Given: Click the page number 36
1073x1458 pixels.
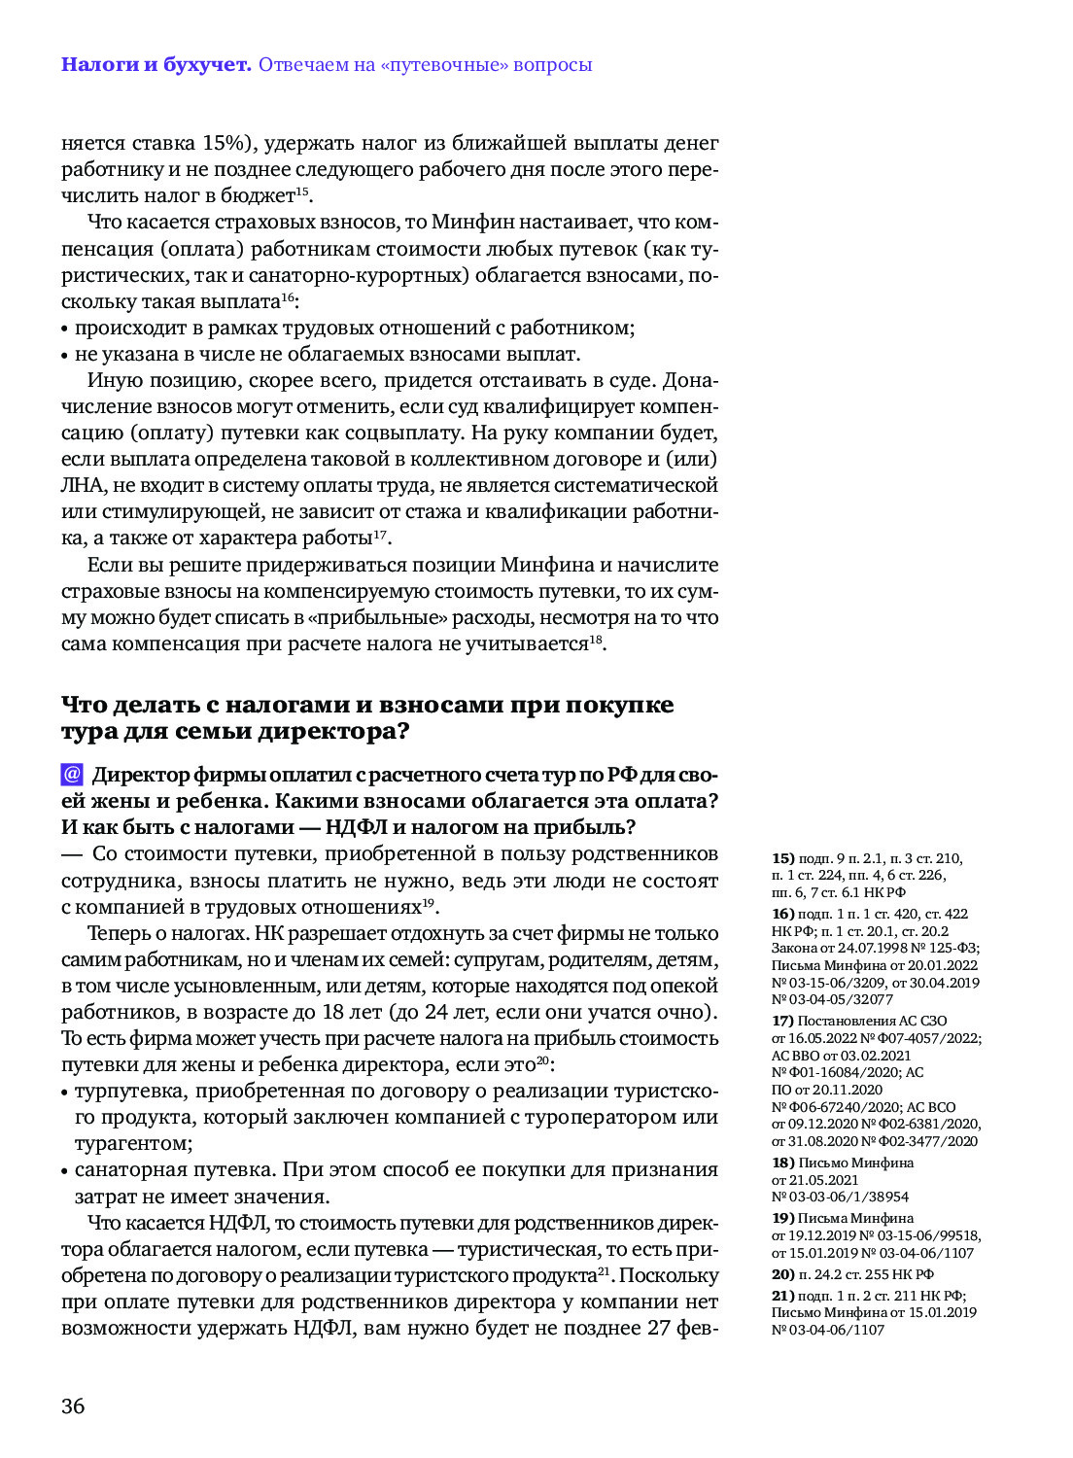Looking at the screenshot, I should click(x=73, y=1406).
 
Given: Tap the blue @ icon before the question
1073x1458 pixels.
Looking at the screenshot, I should click(x=72, y=775).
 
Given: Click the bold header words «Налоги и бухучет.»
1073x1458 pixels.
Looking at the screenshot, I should click(x=156, y=65).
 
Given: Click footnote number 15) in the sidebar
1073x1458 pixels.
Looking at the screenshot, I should click(x=783, y=858).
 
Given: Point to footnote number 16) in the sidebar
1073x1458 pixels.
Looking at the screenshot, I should click(x=783, y=914).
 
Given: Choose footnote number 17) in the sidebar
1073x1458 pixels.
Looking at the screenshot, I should click(x=783, y=1021).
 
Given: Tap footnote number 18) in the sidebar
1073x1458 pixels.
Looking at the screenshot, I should click(x=783, y=1163).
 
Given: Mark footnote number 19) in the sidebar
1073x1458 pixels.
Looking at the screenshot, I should click(x=783, y=1218).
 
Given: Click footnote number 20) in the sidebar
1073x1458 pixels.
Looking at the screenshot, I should click(x=783, y=1274).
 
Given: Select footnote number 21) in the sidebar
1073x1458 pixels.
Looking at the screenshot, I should click(x=783, y=1296).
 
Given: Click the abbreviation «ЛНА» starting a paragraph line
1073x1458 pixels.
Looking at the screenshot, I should click(x=84, y=485).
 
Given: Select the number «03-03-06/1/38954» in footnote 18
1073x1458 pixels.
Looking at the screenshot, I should click(x=840, y=1197).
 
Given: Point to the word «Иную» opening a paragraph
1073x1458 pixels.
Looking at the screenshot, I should click(x=111, y=380).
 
